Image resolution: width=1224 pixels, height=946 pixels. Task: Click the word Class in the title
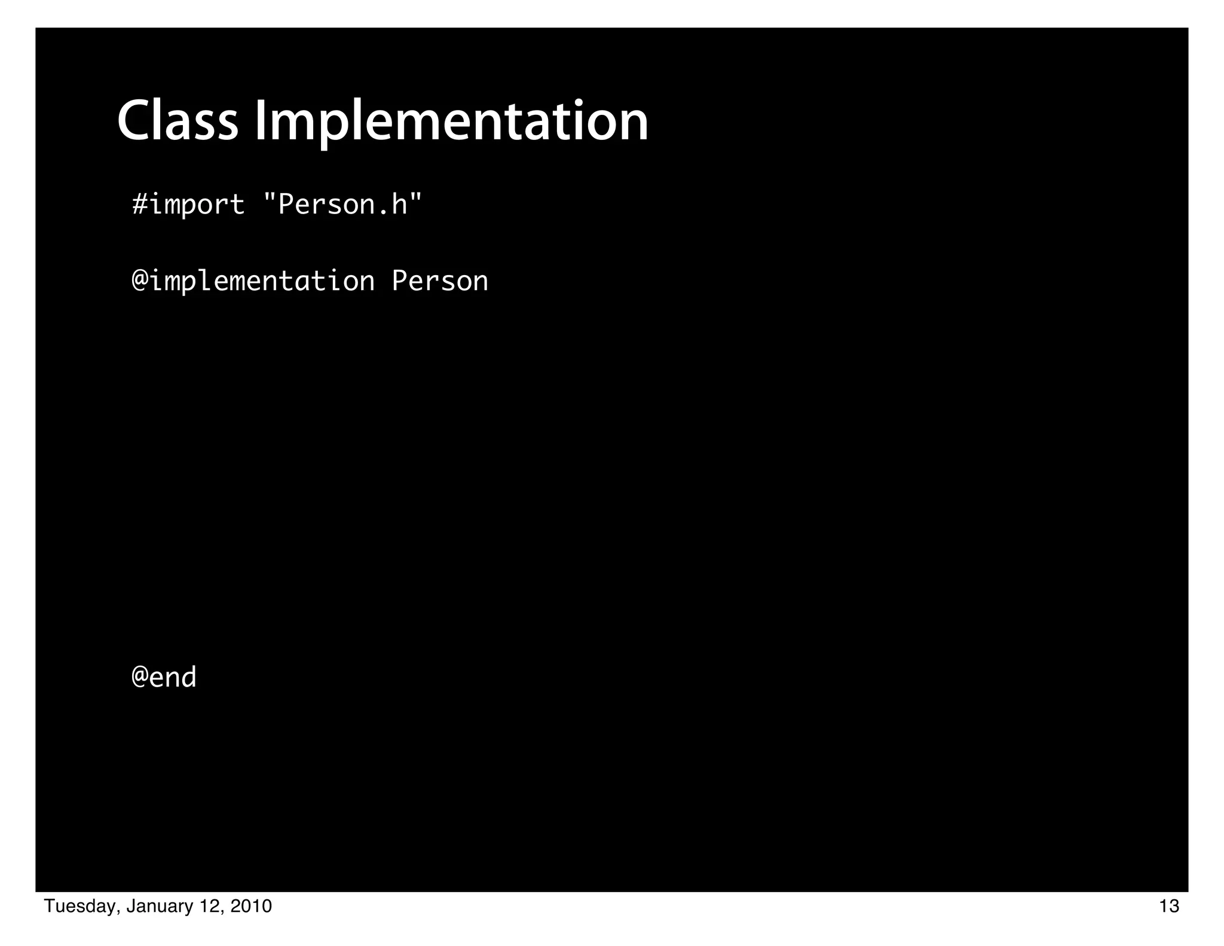pos(178,121)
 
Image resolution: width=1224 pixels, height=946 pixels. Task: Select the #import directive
pos(188,205)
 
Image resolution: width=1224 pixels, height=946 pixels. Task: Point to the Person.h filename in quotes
pos(342,205)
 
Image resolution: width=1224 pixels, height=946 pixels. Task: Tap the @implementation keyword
pos(253,281)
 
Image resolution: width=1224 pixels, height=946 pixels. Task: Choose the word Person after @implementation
pos(440,281)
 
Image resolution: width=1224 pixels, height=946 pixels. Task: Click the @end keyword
pos(164,678)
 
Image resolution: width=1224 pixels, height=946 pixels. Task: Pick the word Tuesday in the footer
pos(81,907)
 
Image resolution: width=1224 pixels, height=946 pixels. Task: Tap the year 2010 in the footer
pos(251,907)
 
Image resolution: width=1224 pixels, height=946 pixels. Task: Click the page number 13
pos(1169,907)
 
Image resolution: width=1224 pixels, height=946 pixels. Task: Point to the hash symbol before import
pos(140,205)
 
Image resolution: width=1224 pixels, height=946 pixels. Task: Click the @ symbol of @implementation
pos(140,281)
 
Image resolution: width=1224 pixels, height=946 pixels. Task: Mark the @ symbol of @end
pos(140,678)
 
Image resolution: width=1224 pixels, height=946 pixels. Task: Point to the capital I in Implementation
pos(261,121)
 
